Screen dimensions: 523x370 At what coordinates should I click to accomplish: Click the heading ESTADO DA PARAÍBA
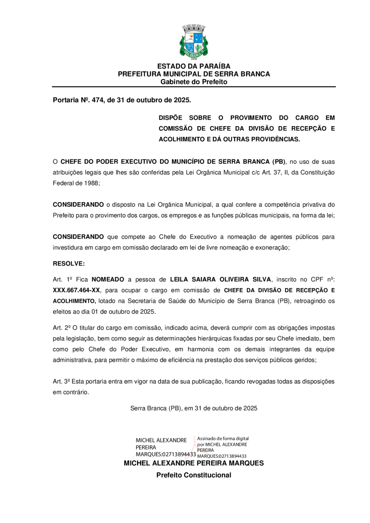[194, 66]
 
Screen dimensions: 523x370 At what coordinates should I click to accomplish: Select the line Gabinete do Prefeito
[194, 82]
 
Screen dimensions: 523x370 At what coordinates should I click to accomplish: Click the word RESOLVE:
[69, 264]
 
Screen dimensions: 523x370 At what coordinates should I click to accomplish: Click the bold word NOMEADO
[108, 279]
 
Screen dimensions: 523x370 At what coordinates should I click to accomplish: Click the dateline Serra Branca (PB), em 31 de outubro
[194, 408]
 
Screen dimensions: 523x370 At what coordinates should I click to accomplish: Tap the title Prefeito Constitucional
[194, 475]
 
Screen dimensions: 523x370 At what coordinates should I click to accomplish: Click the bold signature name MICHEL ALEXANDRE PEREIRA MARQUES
[194, 463]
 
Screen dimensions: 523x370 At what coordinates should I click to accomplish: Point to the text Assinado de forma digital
[223, 439]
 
